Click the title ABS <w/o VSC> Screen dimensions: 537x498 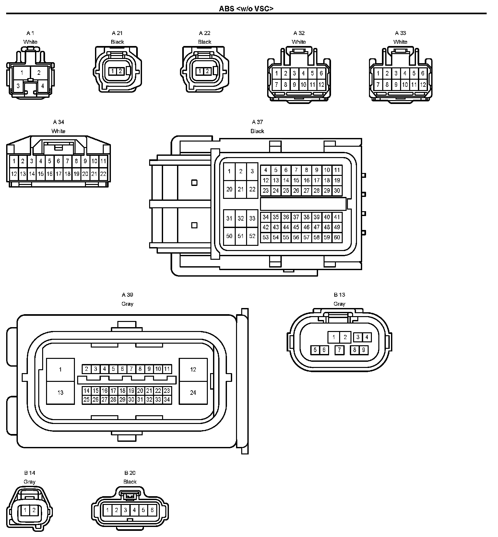[x=246, y=8]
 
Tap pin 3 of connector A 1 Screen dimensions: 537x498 [x=18, y=86]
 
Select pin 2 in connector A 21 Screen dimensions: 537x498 [x=120, y=71]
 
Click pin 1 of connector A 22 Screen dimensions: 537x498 [x=200, y=71]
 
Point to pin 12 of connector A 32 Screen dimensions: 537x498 [x=321, y=85]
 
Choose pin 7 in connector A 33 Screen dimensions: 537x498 [x=378, y=85]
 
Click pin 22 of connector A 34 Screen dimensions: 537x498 [x=103, y=174]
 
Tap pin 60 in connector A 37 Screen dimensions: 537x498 [x=337, y=237]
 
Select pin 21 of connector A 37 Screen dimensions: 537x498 [x=241, y=189]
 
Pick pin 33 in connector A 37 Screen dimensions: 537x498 [x=252, y=218]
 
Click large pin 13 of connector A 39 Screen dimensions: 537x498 [x=60, y=393]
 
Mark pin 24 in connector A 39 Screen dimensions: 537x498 [x=193, y=393]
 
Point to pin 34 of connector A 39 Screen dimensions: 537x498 [x=167, y=400]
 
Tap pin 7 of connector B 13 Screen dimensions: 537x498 [x=339, y=350]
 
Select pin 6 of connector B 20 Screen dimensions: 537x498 [x=152, y=510]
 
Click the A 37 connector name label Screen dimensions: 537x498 [x=257, y=122]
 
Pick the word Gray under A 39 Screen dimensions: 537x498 [x=127, y=304]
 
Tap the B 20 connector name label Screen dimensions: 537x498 [x=130, y=473]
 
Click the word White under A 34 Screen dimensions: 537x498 [x=58, y=131]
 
